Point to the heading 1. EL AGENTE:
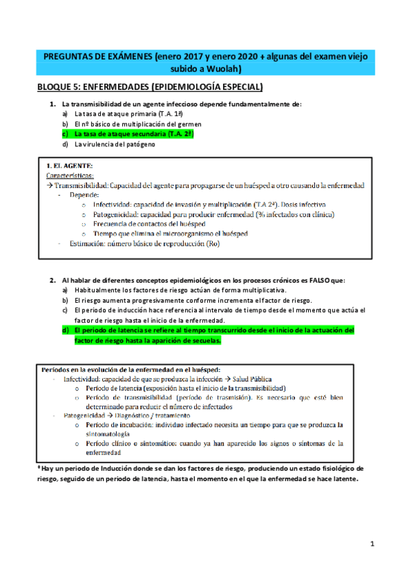[x=69, y=165]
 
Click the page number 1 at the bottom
[x=371, y=544]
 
